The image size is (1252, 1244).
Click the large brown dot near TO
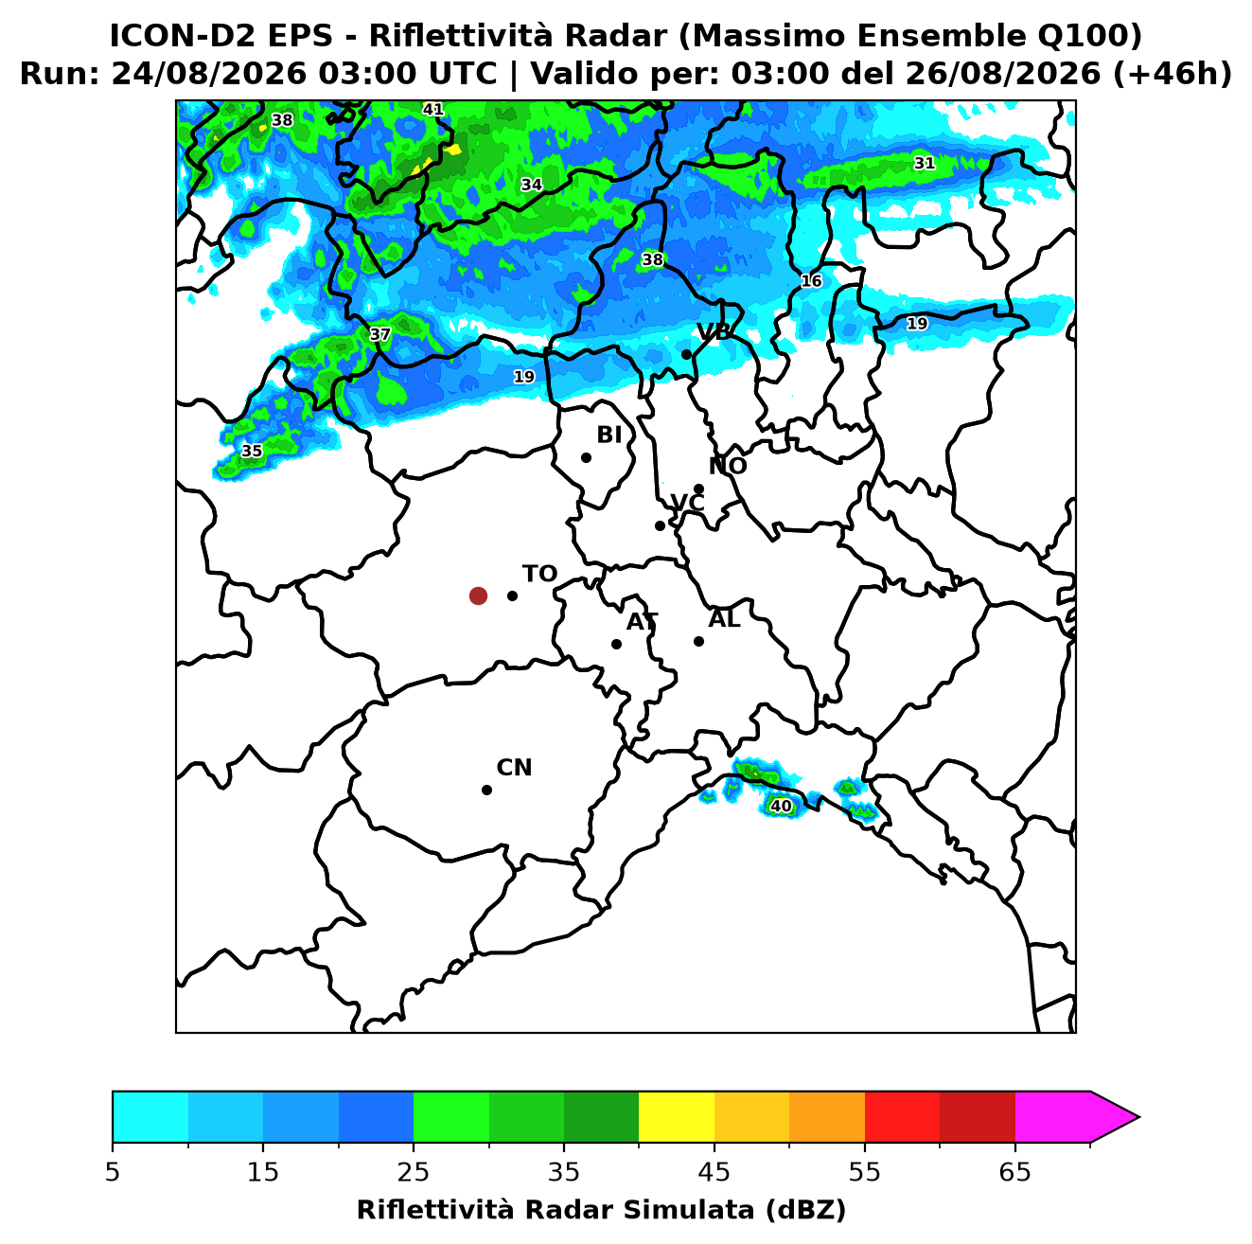tap(478, 595)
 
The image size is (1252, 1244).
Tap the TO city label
tap(539, 574)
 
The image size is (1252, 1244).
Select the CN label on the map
tap(514, 768)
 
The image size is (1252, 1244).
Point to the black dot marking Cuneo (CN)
tap(486, 790)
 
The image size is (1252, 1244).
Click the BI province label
tap(608, 435)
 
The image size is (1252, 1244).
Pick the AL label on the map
tap(724, 618)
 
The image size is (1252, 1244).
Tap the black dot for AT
tap(616, 644)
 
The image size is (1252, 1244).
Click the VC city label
tap(687, 502)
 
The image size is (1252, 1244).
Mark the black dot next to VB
tap(686, 354)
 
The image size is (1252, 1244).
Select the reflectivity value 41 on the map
tap(432, 109)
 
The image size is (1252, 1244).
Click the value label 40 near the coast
tap(781, 806)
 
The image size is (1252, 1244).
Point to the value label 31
tap(924, 163)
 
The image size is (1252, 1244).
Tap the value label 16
tap(811, 281)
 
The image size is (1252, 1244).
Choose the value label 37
tap(380, 334)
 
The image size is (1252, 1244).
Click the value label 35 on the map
tap(252, 451)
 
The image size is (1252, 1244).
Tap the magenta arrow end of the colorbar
tap(1114, 1117)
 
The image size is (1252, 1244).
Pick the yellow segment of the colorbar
tap(677, 1117)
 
